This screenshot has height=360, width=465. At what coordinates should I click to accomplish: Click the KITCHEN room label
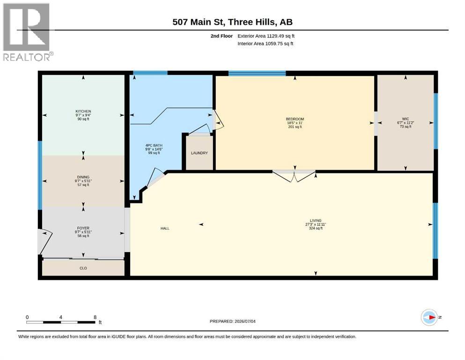tap(83, 111)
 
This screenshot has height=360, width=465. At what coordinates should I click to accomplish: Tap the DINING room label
tap(83, 177)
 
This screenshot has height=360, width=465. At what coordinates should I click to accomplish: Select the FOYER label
tap(83, 228)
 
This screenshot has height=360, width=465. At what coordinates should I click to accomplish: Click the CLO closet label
tap(83, 268)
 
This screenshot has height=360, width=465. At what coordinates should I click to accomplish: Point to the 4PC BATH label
tap(154, 145)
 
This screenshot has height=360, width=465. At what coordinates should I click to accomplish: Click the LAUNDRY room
tap(199, 153)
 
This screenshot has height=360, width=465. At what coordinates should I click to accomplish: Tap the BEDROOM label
tap(295, 119)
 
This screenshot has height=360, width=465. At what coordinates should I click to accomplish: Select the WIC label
tap(406, 119)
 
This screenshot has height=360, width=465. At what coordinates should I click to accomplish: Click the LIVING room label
tap(316, 220)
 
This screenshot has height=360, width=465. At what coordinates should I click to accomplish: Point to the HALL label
tap(165, 228)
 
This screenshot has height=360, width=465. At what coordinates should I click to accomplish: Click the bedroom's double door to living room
tap(294, 176)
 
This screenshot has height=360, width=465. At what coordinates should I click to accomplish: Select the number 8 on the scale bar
tap(95, 317)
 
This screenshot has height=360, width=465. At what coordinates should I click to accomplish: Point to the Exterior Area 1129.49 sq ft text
tap(266, 36)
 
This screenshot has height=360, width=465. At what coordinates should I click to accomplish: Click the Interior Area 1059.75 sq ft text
tap(266, 43)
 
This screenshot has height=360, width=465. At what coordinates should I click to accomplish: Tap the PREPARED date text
tap(232, 321)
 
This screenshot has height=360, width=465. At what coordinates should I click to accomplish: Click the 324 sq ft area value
tap(316, 228)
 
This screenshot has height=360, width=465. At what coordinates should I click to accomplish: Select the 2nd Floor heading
tap(221, 36)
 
